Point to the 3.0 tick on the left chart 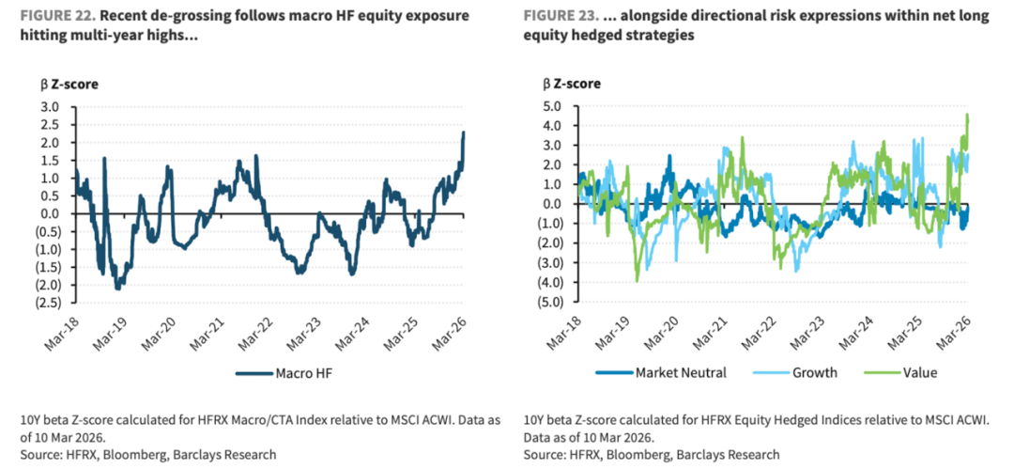point(50,106)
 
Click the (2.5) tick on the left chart point(47,303)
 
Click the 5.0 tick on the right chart point(552,106)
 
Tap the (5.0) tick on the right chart point(549,303)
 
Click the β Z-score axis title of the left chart point(69,85)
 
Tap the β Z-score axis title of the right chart point(572,85)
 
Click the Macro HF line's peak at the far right point(464,133)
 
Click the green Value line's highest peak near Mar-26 point(967,115)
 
